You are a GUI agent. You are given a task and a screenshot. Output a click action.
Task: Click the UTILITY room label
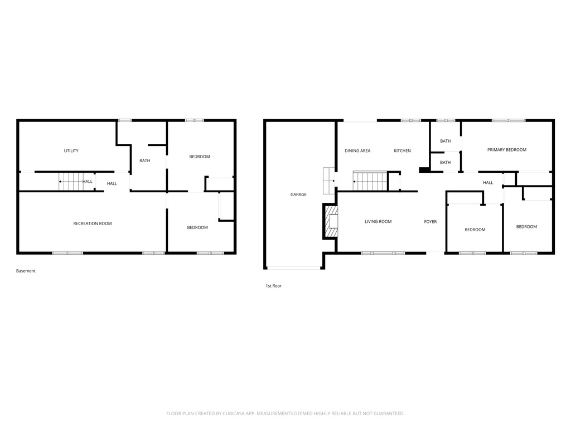click(71, 151)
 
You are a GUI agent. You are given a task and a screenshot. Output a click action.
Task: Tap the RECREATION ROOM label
click(93, 223)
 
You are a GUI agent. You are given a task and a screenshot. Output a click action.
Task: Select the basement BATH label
click(144, 161)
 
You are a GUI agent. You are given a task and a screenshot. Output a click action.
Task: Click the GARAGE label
click(298, 194)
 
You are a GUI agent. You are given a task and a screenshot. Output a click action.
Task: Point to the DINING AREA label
click(357, 151)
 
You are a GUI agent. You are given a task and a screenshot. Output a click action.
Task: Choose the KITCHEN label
click(402, 151)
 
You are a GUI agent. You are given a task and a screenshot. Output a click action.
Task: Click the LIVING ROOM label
click(378, 222)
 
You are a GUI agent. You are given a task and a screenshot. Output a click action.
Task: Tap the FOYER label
click(430, 222)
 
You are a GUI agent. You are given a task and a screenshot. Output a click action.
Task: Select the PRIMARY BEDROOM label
click(506, 150)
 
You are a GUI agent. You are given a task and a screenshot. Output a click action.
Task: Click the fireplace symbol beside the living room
click(332, 221)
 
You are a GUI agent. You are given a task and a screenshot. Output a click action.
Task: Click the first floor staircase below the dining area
click(370, 181)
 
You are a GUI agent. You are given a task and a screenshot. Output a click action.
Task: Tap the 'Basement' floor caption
click(26, 271)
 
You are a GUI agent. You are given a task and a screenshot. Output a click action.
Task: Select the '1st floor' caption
click(273, 286)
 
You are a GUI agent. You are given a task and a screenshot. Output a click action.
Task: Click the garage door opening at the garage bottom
click(293, 268)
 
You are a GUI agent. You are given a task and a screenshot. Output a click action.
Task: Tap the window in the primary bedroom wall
click(508, 120)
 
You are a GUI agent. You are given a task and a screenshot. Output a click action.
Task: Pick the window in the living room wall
click(383, 254)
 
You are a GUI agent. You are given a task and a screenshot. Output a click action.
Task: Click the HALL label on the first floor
click(488, 183)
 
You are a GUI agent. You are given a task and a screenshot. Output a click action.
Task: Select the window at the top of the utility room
click(125, 120)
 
